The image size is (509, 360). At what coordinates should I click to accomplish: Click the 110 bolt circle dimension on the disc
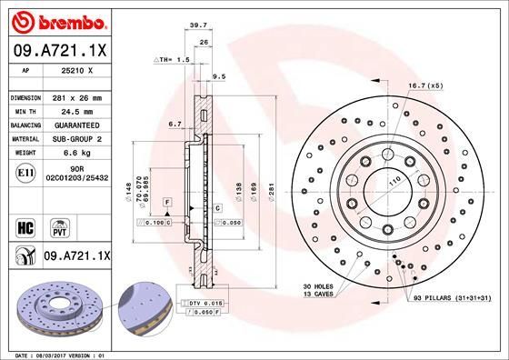[394, 185]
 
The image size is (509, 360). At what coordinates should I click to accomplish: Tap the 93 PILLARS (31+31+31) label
[451, 298]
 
